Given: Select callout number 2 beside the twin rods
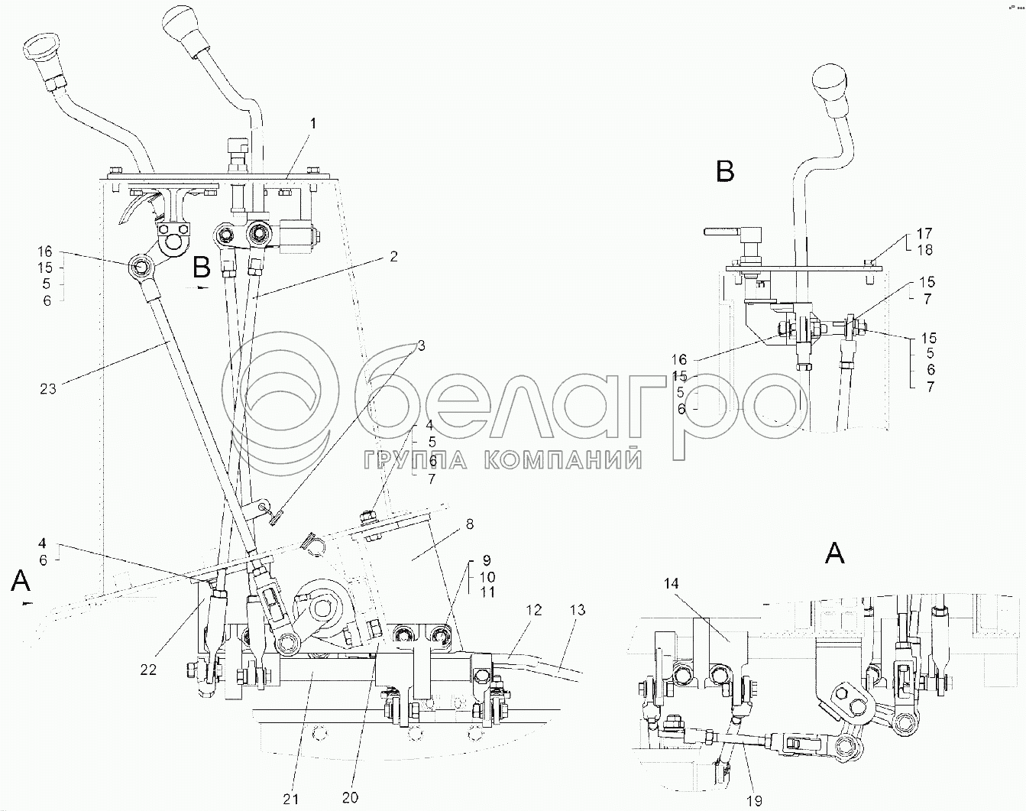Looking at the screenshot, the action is (393, 257).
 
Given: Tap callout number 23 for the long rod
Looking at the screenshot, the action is (48, 388).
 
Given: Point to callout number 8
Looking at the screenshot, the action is (469, 524).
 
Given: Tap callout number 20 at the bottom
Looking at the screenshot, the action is (351, 796).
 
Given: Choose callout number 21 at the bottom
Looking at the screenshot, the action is (290, 799).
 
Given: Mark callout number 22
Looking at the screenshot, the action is (148, 669).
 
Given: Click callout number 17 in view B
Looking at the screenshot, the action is (924, 233).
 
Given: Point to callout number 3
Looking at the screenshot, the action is (420, 345).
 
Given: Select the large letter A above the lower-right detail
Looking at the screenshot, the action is (835, 553).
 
